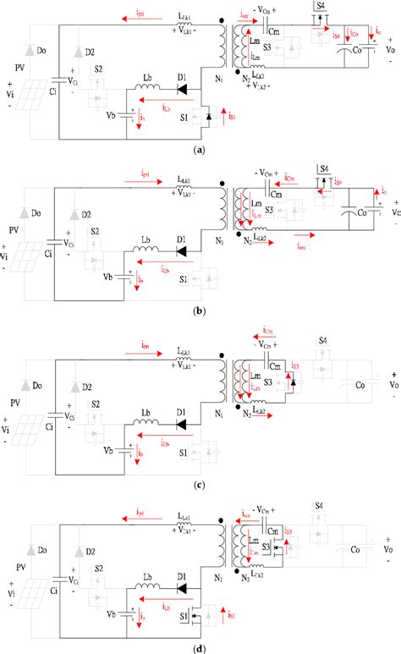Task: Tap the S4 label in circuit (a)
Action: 319,6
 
